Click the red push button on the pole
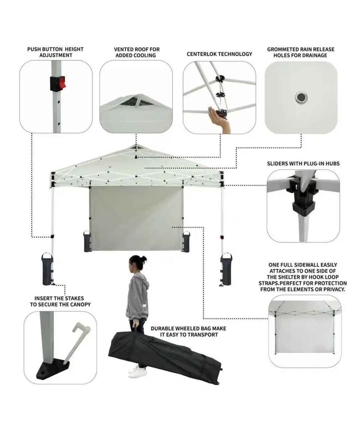tap(62, 83)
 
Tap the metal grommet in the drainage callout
tap(301, 97)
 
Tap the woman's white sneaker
tap(138, 372)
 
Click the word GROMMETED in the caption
tap(283, 49)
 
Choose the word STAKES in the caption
tap(74, 298)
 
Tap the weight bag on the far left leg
tap(47, 269)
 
